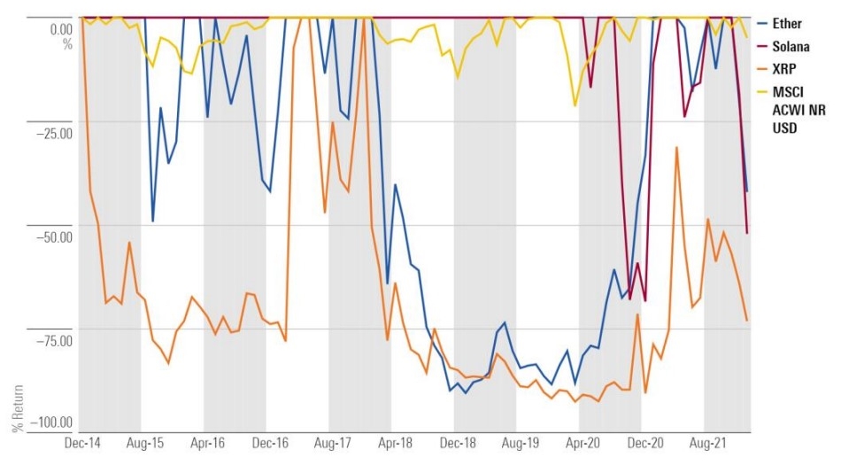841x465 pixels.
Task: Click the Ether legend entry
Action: pyautogui.click(x=786, y=24)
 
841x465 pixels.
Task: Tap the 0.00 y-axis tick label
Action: pyautogui.click(x=60, y=28)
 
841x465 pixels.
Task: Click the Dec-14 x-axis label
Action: pyautogui.click(x=84, y=440)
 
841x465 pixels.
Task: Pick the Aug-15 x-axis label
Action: pyautogui.click(x=147, y=440)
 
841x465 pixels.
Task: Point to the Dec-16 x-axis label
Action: pyautogui.click(x=272, y=440)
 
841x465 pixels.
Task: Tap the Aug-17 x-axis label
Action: pyautogui.click(x=334, y=440)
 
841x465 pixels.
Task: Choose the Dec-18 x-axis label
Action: pyautogui.click(x=459, y=440)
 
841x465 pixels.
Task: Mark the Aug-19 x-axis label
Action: pyautogui.click(x=521, y=440)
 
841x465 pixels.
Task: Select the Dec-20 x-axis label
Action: pyautogui.click(x=646, y=440)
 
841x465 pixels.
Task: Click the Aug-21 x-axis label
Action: pyautogui.click(x=708, y=440)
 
